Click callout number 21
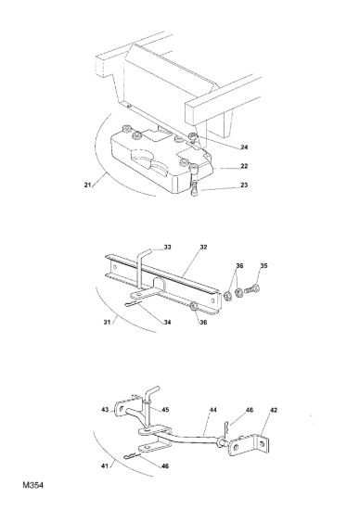click(87, 185)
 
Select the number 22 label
click(244, 166)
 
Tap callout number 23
click(244, 185)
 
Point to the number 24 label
click(244, 147)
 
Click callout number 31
click(107, 323)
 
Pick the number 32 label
click(203, 248)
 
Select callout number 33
click(167, 248)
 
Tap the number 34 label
click(167, 323)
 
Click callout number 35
click(264, 266)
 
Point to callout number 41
click(105, 466)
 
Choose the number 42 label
click(274, 410)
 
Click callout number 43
click(105, 410)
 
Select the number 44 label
click(212, 410)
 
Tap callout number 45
click(165, 410)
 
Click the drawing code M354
click(32, 485)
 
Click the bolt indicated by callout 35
click(251, 288)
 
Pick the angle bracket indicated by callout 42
click(250, 445)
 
